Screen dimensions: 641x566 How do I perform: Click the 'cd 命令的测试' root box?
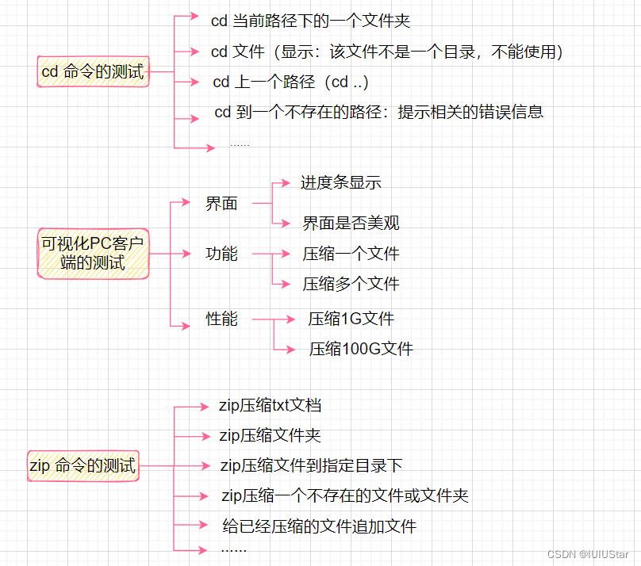93,72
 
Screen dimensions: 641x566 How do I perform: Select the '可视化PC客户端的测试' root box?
93,252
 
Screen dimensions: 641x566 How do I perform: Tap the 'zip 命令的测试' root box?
83,465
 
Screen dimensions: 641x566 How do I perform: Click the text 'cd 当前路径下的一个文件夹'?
310,21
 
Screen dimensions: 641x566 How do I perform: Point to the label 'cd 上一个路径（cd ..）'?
290,82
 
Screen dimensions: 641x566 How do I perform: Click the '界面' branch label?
221,204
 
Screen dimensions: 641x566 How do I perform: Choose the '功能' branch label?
221,254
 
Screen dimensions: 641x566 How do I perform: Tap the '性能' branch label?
221,319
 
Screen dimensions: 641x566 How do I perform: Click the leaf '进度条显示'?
340,183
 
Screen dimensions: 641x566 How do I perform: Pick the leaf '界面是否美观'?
351,224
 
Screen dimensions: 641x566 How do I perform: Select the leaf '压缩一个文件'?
351,254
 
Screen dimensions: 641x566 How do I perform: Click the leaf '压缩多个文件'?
351,284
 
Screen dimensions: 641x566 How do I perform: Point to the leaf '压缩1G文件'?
351,319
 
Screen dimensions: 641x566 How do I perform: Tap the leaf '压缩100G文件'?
361,349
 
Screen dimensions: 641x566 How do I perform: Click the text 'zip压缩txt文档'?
270,406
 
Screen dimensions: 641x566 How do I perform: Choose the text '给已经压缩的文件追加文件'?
319,526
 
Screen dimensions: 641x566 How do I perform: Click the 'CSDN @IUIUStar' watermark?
588,553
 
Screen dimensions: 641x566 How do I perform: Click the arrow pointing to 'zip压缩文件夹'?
190,436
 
